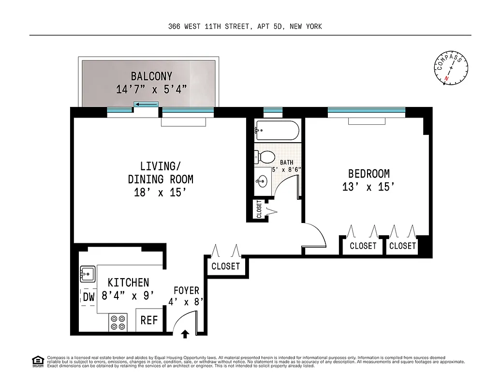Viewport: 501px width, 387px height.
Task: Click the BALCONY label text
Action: (151, 76)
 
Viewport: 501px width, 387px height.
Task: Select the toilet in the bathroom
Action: (264, 157)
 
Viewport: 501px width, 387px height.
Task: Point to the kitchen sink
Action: (88, 274)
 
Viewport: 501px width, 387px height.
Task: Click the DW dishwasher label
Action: (88, 298)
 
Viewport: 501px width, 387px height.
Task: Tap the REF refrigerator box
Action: (149, 320)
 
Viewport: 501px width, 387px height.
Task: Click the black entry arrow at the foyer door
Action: (185, 334)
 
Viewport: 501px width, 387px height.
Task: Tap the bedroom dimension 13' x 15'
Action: (366, 187)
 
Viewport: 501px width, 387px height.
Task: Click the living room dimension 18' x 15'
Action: (160, 192)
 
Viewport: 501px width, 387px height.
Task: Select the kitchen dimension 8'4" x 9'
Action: (128, 295)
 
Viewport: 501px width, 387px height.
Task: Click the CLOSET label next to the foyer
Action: (225, 267)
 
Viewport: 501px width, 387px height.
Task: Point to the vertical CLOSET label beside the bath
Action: (259, 209)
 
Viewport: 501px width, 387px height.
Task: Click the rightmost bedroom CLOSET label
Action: (402, 246)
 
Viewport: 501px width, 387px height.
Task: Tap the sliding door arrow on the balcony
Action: (146, 104)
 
